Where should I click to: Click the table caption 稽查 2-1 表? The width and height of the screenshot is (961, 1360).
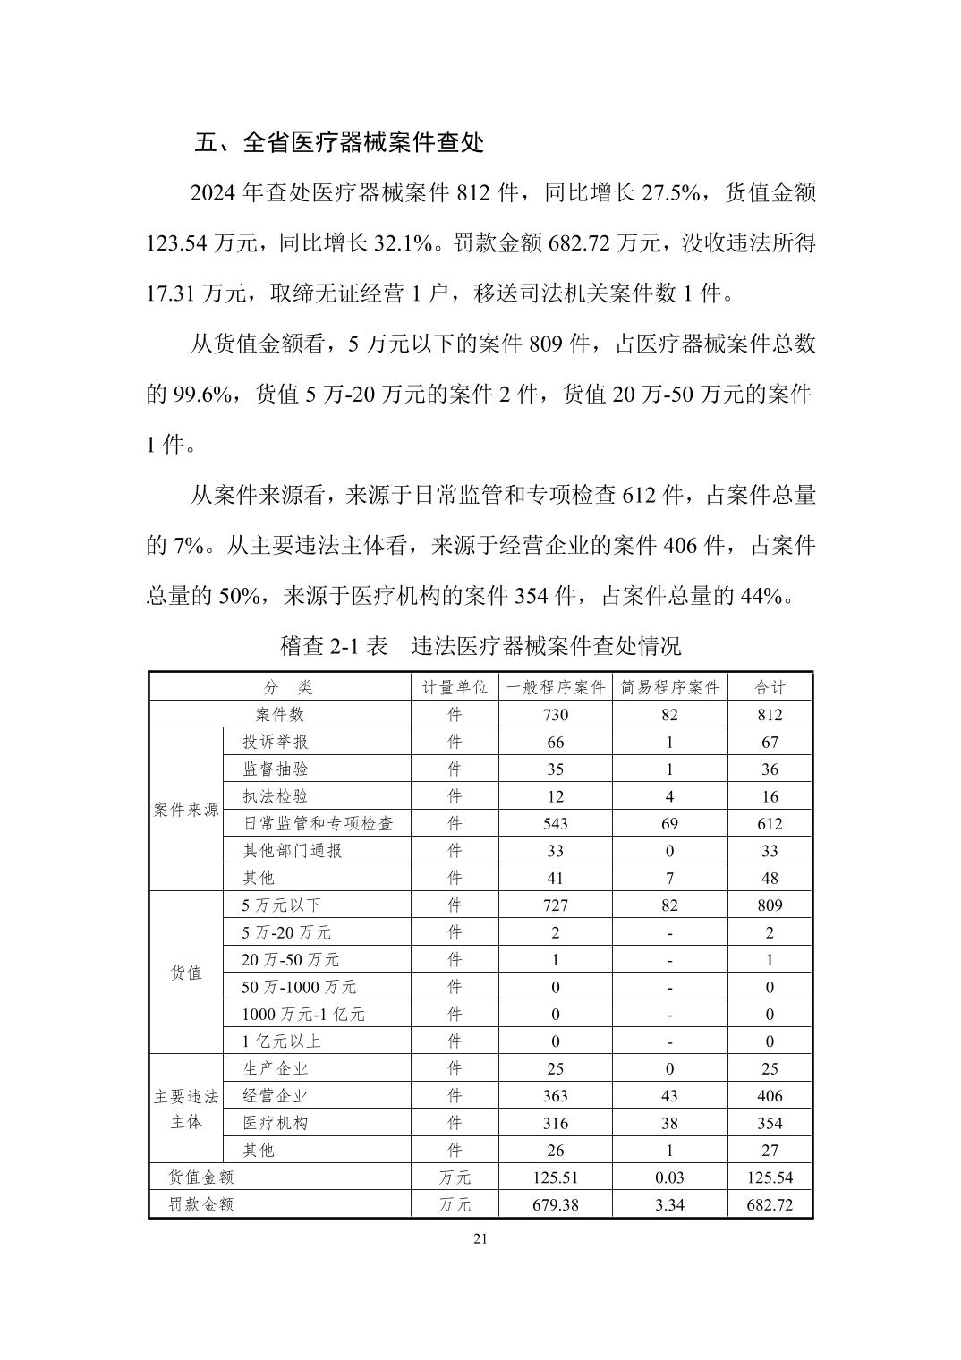coord(334,645)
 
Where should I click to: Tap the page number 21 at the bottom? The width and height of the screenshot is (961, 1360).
coord(480,1238)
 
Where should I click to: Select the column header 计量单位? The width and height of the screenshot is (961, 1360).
coord(455,687)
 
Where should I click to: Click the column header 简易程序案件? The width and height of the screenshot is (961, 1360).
coord(669,687)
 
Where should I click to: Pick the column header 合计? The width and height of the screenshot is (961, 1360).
coord(770,687)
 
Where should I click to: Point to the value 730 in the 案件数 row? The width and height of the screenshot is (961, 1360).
coord(555,715)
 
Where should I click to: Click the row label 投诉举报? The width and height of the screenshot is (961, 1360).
coord(276,742)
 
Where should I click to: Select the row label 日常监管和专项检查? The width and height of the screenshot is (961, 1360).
coord(318,823)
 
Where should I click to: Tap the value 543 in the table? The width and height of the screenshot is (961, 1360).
coord(555,823)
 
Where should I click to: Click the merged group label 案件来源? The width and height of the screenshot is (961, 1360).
coord(186,810)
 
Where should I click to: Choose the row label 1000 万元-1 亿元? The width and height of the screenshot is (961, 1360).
coord(303,1014)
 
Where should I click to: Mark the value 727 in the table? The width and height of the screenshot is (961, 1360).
coord(555,905)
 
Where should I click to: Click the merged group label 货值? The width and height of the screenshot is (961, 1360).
coord(186,973)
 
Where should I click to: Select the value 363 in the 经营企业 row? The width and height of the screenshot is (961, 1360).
coord(555,1096)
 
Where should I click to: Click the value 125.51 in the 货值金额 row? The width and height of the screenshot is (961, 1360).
coord(555,1177)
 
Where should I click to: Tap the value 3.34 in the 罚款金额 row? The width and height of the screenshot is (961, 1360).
coord(669,1204)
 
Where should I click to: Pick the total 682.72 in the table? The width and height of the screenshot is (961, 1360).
coord(770,1204)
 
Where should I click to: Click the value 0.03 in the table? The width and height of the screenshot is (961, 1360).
coord(669,1177)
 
